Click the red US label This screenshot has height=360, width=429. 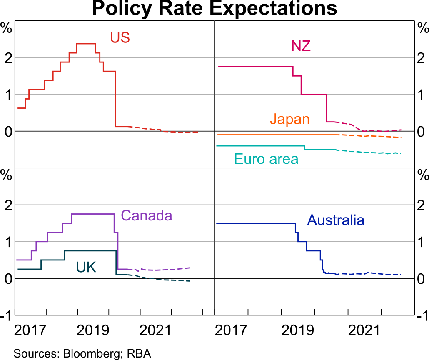pos(120,37)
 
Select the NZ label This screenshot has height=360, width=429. pos(301,46)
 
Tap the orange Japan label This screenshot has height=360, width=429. pos(289,119)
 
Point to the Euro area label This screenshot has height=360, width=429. pos(266,159)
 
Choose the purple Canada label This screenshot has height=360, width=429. pos(146,215)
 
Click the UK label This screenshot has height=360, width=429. pos(86,267)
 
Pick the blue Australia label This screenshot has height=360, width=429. pos(335,220)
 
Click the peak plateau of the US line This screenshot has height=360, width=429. pos(86,43)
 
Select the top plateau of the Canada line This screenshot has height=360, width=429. pos(93,214)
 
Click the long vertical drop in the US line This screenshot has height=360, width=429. pos(115,100)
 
